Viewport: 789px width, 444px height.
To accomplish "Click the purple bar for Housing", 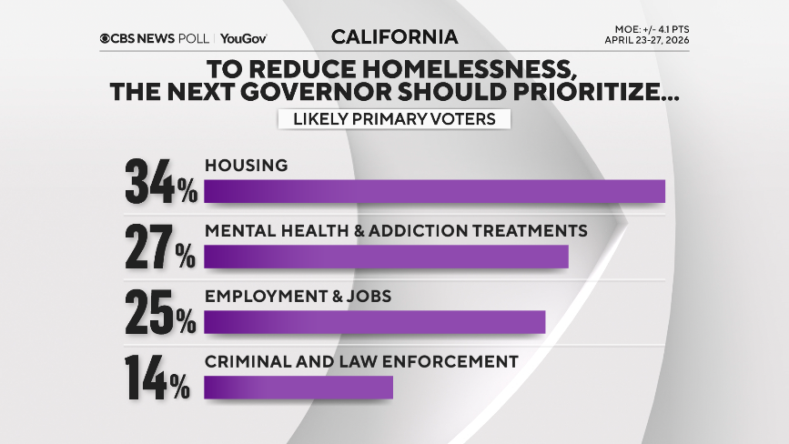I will pos(434,191).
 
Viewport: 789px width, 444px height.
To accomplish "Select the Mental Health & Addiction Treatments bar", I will pos(386,257).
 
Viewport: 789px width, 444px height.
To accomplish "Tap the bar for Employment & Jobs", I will pos(374,322).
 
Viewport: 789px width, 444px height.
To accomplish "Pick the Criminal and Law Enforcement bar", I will pos(298,388).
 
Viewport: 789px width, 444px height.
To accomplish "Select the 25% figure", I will pos(161,311).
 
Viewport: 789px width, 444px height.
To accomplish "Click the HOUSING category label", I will pos(246,166).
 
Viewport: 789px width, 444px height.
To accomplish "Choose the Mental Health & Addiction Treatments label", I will pos(396,230).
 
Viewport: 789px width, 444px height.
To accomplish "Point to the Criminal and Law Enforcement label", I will pos(361,361).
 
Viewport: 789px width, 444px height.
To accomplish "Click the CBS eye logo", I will pos(106,38).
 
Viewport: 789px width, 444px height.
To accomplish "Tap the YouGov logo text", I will pos(243,38).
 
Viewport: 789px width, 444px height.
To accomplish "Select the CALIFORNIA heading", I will pos(394,37).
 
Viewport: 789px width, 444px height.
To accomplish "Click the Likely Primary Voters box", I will pos(394,119).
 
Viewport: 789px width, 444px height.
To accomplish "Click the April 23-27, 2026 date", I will pos(645,42).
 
